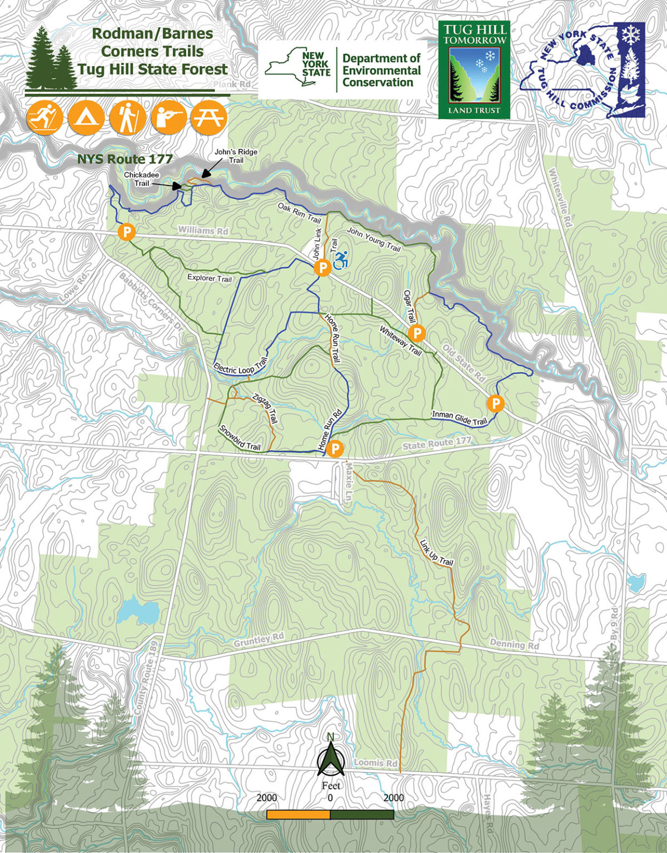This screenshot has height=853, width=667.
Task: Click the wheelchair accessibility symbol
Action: (x=341, y=259)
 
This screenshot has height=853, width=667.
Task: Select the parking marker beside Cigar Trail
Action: (x=416, y=333)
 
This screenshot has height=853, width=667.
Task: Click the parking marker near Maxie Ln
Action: (x=335, y=448)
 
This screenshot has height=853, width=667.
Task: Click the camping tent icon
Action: (x=86, y=118)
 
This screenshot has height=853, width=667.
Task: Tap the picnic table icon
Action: (x=208, y=118)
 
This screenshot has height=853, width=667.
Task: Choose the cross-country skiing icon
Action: (x=45, y=118)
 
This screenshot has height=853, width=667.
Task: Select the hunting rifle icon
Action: (x=168, y=118)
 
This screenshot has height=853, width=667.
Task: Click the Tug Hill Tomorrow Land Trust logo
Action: (x=474, y=69)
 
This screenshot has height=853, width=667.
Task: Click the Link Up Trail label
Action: (x=436, y=553)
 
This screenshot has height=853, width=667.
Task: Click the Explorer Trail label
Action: (x=210, y=278)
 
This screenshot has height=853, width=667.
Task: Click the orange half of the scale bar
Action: (x=298, y=815)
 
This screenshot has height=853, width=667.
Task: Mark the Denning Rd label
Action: (x=514, y=645)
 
